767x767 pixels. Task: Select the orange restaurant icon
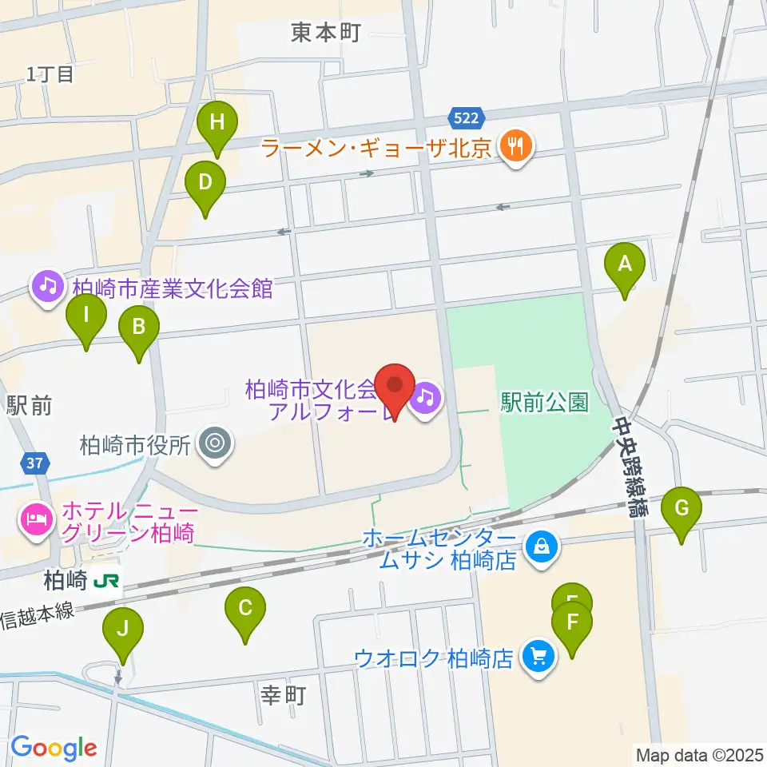pos(515,146)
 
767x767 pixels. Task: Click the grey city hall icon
pos(216,443)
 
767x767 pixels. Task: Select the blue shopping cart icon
pos(538,658)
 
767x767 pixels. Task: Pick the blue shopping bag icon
pos(542,548)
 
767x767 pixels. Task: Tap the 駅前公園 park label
pos(544,402)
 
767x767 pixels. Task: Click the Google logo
pos(53,747)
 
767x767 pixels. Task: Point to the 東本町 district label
pos(326,32)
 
